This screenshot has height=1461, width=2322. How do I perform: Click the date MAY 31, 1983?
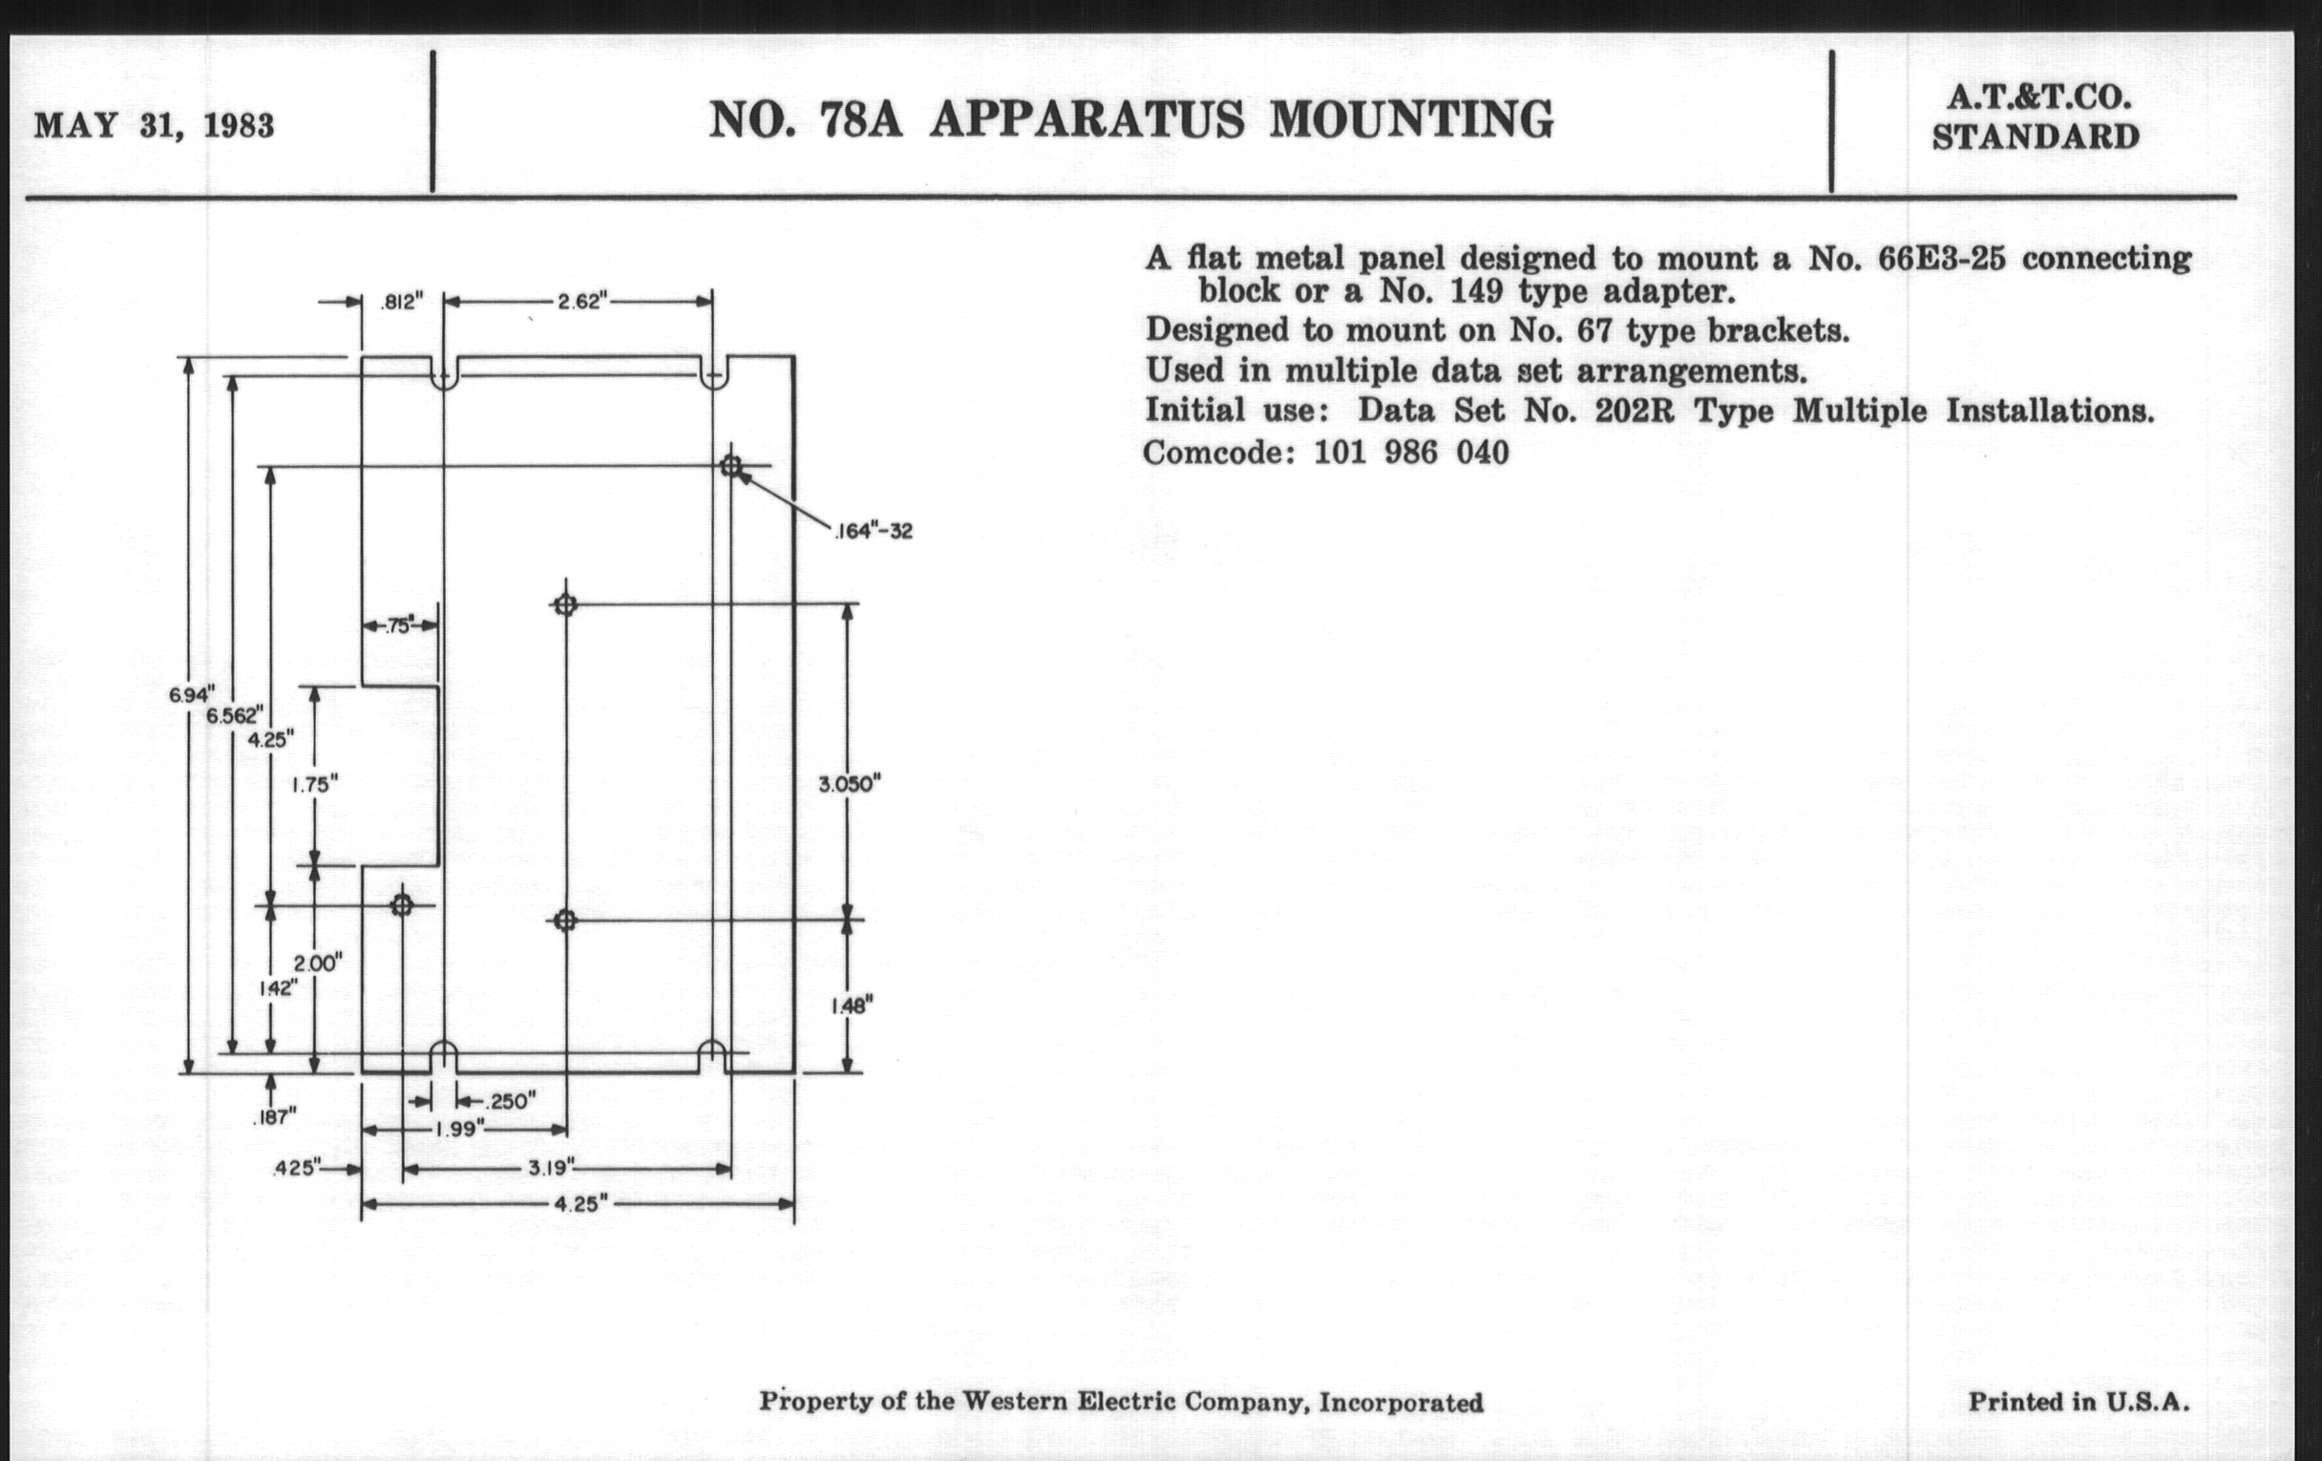pyautogui.click(x=155, y=126)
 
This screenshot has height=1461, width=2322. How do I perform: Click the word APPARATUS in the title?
pyautogui.click(x=1087, y=120)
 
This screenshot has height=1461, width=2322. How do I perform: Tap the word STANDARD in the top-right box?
pyautogui.click(x=2036, y=137)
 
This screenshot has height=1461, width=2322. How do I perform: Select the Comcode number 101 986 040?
pyautogui.click(x=1412, y=453)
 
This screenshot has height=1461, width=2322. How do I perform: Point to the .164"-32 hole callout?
pyautogui.click(x=873, y=531)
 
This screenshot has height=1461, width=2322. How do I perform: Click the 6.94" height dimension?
pyautogui.click(x=191, y=693)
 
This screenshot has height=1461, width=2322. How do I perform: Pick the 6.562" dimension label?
pyautogui.click(x=233, y=715)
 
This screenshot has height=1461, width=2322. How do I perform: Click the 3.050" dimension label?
pyautogui.click(x=850, y=784)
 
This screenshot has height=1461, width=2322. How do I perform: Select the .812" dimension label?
pyautogui.click(x=401, y=303)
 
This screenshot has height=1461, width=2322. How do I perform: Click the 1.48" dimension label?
pyautogui.click(x=852, y=1006)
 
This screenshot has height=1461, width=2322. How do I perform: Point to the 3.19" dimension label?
pyautogui.click(x=551, y=1168)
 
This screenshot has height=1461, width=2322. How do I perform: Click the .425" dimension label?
pyautogui.click(x=296, y=1168)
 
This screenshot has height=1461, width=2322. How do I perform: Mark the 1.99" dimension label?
pyautogui.click(x=458, y=1130)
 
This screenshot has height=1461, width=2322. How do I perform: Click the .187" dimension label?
pyautogui.click(x=275, y=1117)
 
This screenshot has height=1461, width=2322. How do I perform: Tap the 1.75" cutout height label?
pyautogui.click(x=315, y=785)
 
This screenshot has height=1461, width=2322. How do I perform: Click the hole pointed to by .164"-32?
pyautogui.click(x=731, y=467)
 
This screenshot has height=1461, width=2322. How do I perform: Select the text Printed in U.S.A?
pyautogui.click(x=2078, y=1401)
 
